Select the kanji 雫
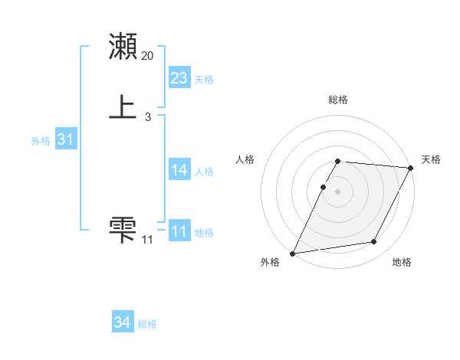pyautogui.click(x=123, y=229)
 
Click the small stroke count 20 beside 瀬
pyautogui.click(x=148, y=56)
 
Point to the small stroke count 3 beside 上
pyautogui.click(x=147, y=116)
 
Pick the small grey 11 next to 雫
pyautogui.click(x=147, y=240)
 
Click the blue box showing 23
pyautogui.click(x=179, y=78)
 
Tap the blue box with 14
pyautogui.click(x=179, y=170)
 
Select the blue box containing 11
pyautogui.click(x=179, y=231)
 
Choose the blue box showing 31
pyautogui.click(x=66, y=139)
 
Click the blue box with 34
pyautogui.click(x=123, y=322)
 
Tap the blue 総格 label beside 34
pyautogui.click(x=147, y=324)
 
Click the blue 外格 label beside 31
pyautogui.click(x=41, y=141)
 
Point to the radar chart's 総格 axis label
pyautogui.click(x=338, y=100)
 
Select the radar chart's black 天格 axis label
pyautogui.click(x=431, y=159)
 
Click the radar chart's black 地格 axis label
pyautogui.click(x=402, y=263)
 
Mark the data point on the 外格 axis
pyautogui.click(x=293, y=253)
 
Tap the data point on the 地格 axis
pyautogui.click(x=374, y=242)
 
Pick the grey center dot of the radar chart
pyautogui.click(x=338, y=191)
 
